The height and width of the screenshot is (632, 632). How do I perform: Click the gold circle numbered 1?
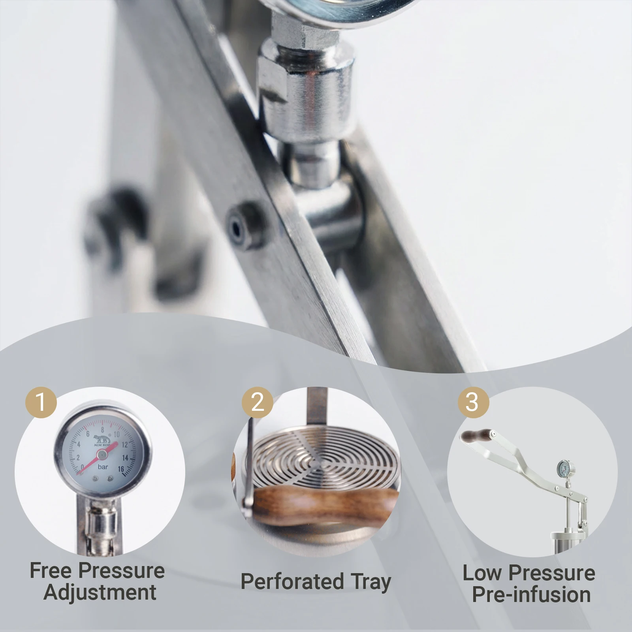[x=41, y=402]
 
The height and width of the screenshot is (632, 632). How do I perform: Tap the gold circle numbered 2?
[x=257, y=402]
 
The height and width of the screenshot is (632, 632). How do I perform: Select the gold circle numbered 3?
[x=473, y=402]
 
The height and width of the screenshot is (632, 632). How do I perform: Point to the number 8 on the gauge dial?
[x=102, y=430]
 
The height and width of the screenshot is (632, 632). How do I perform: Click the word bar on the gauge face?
[x=103, y=467]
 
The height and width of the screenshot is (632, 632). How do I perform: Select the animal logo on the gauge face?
[x=102, y=440]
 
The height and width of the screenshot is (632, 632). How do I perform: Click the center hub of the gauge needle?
[x=102, y=455]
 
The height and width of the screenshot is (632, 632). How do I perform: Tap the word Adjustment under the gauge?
[x=100, y=592]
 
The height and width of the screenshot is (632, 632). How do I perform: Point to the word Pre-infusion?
[x=531, y=594]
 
